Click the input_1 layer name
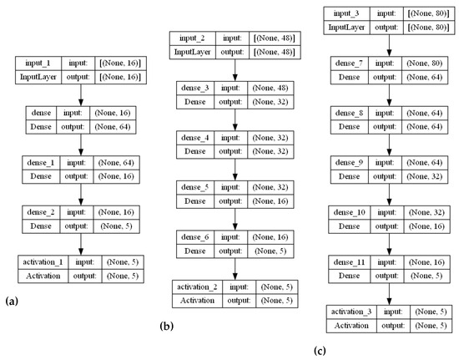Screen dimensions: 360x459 [x=36, y=63]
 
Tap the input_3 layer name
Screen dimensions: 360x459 [x=347, y=13]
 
